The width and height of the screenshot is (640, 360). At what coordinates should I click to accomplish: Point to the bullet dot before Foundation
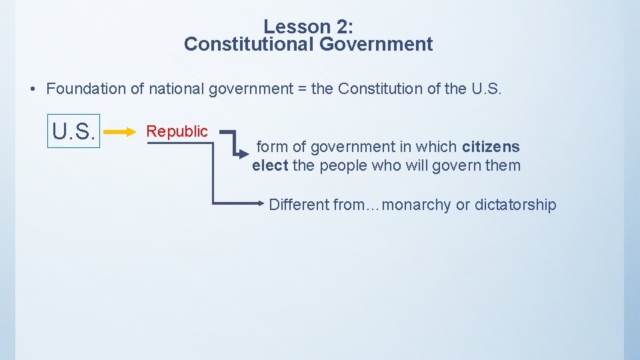click(33, 89)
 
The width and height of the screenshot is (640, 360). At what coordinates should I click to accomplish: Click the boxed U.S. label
click(75, 132)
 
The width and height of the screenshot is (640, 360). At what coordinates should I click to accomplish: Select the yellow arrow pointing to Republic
click(120, 133)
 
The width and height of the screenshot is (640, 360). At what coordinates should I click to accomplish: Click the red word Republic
click(177, 131)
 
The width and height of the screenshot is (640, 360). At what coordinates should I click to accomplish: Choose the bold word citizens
click(491, 147)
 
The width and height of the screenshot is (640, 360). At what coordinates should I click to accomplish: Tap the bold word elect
click(270, 165)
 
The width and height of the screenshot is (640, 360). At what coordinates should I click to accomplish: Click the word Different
click(299, 205)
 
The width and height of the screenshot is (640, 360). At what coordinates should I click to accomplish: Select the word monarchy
click(417, 205)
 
